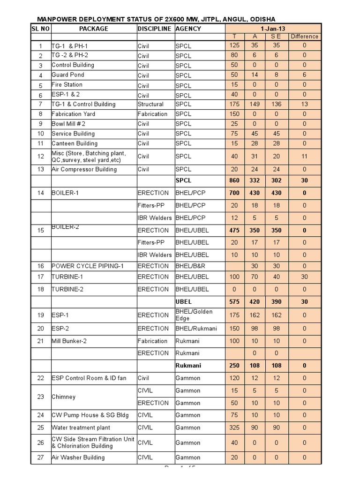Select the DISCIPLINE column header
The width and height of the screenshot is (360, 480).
click(155, 29)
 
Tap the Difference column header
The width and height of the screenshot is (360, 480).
click(304, 37)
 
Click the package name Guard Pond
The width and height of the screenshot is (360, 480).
click(67, 75)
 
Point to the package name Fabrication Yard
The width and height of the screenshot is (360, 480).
click(73, 114)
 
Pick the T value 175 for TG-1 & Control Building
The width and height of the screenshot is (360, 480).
click(234, 104)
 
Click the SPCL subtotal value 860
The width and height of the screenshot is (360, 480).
click(234, 180)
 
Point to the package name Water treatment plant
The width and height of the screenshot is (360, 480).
click(81, 427)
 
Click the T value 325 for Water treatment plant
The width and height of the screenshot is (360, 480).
click(234, 427)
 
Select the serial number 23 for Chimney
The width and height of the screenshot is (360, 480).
click(40, 397)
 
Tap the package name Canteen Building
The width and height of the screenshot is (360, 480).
click(75, 143)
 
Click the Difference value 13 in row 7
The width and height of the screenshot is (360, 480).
click(304, 104)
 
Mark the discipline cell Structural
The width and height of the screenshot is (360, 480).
click(150, 104)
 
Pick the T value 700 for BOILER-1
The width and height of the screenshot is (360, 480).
click(234, 193)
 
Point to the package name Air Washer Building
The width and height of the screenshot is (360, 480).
click(78, 457)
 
